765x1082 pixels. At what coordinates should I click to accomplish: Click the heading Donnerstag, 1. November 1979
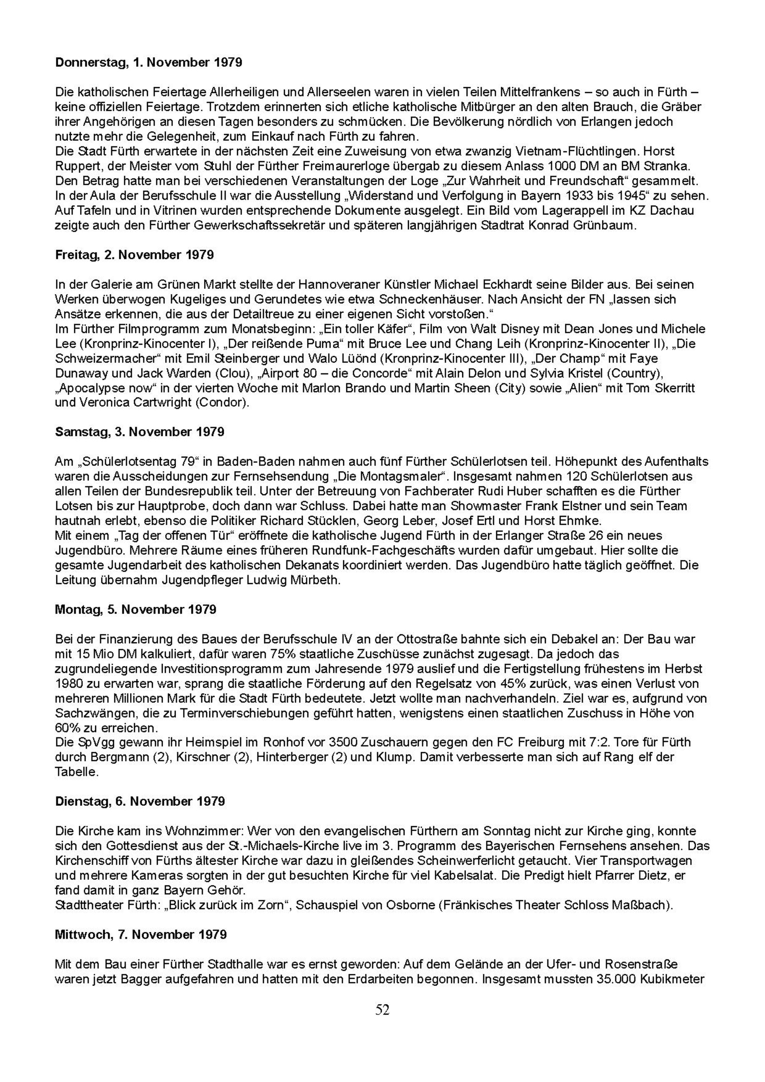pos(148,63)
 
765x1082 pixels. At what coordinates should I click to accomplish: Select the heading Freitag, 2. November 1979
pos(134,255)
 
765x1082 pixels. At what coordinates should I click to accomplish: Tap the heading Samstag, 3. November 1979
pos(139,432)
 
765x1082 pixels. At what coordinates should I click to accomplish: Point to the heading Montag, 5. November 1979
pos(135,609)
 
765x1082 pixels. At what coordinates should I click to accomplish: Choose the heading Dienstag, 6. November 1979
pos(140,802)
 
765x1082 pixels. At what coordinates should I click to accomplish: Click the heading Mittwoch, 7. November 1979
pos(141,935)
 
